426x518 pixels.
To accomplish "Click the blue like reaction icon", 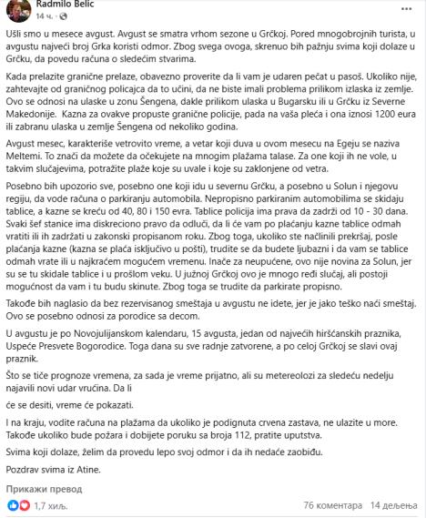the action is [12, 503].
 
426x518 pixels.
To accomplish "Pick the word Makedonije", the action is [35, 124].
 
